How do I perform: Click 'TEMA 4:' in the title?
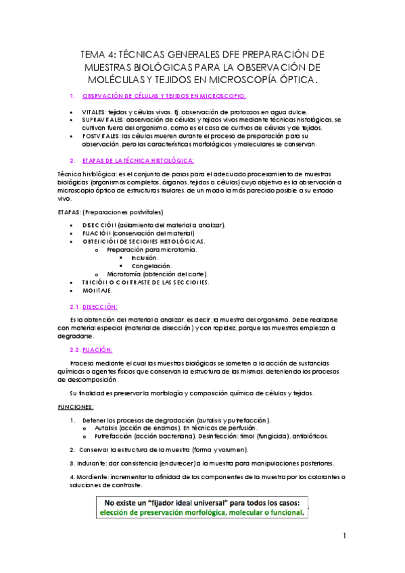pyautogui.click(x=99, y=54)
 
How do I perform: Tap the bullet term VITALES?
pyautogui.click(x=95, y=112)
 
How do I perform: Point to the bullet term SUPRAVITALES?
pyautogui.click(x=104, y=120)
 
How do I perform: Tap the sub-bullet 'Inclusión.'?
pyautogui.click(x=145, y=257)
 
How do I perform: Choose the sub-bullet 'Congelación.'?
pyautogui.click(x=151, y=266)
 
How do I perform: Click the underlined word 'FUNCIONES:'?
pyautogui.click(x=75, y=407)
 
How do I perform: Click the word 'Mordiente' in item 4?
pyautogui.click(x=95, y=478)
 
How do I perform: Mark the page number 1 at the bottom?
pyautogui.click(x=344, y=537)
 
